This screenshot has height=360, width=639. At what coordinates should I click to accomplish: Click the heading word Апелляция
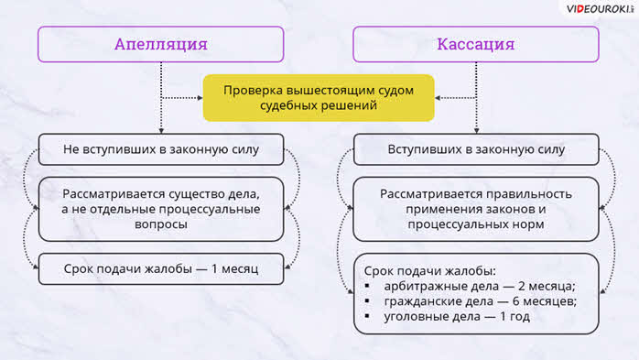click(x=161, y=44)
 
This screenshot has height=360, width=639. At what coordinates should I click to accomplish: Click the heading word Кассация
click(x=475, y=44)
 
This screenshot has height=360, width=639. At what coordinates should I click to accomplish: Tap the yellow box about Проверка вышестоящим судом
click(x=319, y=98)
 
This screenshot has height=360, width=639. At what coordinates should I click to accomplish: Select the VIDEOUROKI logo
click(x=600, y=9)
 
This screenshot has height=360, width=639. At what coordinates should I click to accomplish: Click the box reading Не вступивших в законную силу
click(x=161, y=149)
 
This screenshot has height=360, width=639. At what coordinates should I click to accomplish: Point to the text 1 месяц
click(x=234, y=268)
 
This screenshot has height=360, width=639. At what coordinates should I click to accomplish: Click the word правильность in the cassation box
click(x=529, y=194)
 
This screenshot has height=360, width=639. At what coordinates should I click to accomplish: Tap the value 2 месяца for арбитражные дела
click(x=547, y=286)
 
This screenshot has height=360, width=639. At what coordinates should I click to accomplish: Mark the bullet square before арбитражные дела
click(x=367, y=286)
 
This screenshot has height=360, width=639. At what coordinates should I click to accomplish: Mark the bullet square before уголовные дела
click(x=367, y=316)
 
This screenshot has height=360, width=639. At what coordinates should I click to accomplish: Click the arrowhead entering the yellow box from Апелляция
click(x=200, y=98)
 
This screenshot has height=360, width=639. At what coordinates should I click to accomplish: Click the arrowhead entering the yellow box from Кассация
click(x=438, y=98)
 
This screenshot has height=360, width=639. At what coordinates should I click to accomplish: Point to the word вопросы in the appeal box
click(x=161, y=224)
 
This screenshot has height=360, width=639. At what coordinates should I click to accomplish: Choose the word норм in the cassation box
click(x=527, y=224)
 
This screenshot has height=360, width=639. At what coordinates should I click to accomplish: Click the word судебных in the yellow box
click(x=287, y=106)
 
